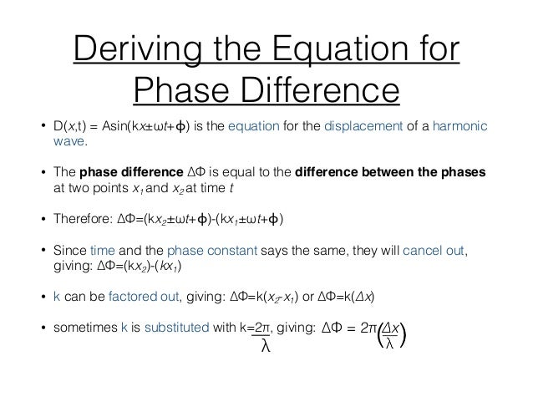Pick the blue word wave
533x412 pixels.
click(x=69, y=142)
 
